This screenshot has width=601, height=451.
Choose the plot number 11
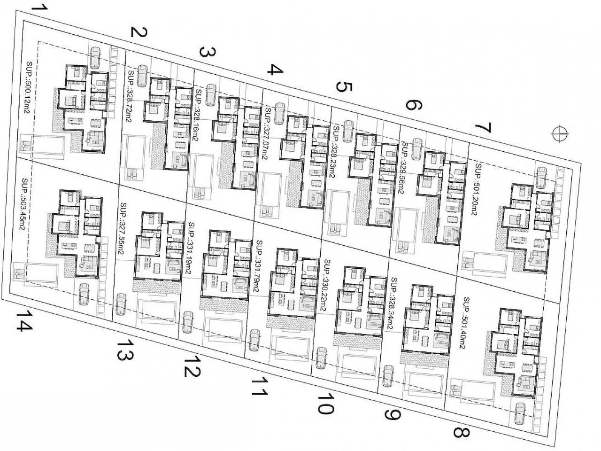click(257, 387)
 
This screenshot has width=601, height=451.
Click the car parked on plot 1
click(95, 57)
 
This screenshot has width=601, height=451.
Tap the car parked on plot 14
click(85, 295)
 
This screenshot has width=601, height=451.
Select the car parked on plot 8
click(521, 413)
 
